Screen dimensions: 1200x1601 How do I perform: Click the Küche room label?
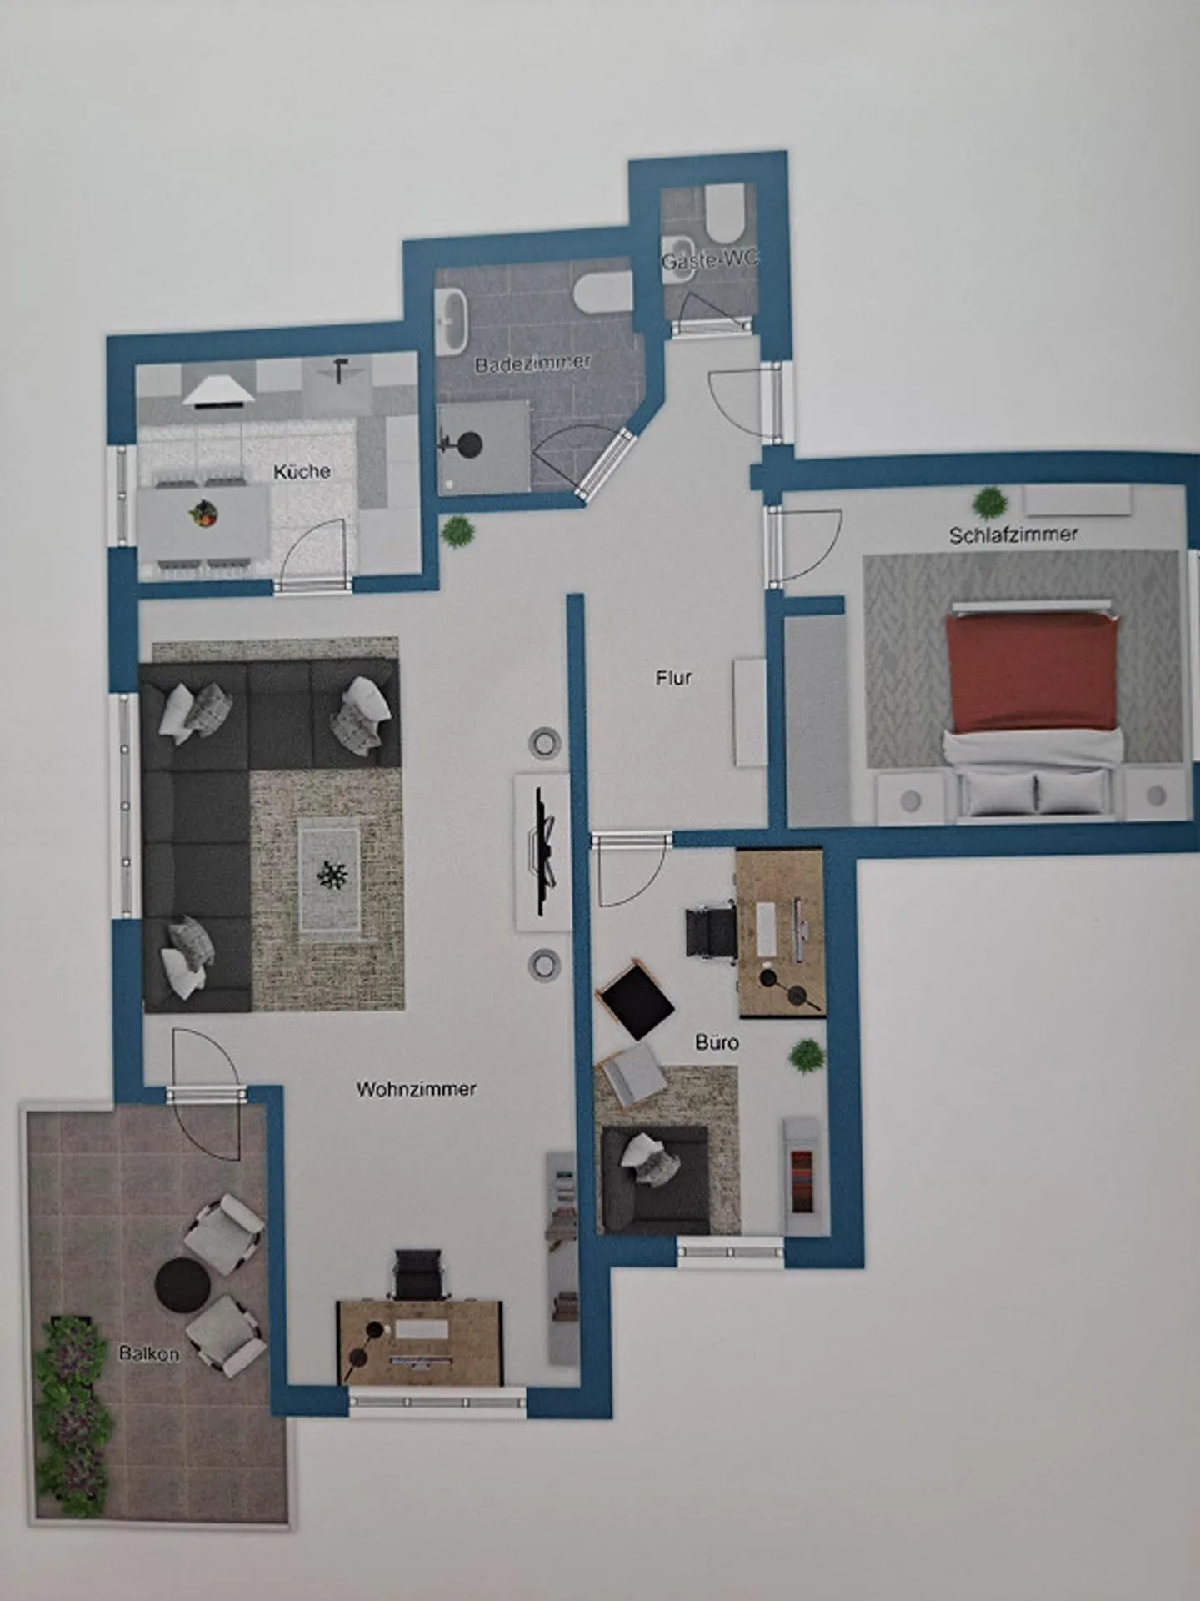(302, 471)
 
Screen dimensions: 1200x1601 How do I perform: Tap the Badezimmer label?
(533, 364)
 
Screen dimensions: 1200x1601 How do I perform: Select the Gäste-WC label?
(710, 260)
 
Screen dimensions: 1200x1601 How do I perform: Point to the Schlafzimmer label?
(1013, 535)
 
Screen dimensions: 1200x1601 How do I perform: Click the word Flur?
(673, 678)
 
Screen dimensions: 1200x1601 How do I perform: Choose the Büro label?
(717, 1042)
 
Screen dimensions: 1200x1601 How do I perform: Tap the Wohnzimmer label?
(416, 1089)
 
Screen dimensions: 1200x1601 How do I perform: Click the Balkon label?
(149, 1353)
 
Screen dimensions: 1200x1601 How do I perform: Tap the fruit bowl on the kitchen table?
(204, 513)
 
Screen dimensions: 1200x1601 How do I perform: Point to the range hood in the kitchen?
(218, 391)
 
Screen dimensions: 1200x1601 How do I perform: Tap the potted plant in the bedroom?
(990, 504)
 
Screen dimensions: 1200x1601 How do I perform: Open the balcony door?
(206, 1093)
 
